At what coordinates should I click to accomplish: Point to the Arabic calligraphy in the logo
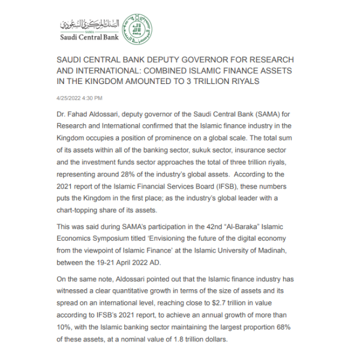(90, 25)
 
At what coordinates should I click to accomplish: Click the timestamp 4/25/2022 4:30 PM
(79, 98)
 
